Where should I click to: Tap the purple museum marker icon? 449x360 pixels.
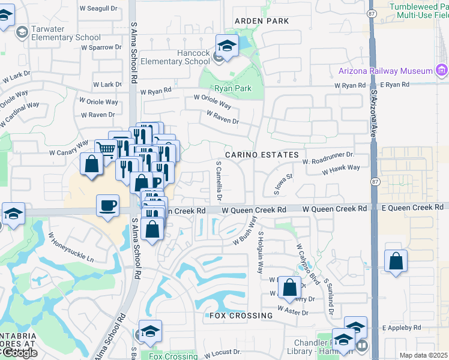(x=442, y=70)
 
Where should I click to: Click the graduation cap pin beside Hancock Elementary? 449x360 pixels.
(x=228, y=46)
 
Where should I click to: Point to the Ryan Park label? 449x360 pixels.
(x=233, y=88)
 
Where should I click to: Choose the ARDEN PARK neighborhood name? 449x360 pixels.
(x=262, y=21)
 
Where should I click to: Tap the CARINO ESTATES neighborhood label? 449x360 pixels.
(x=262, y=155)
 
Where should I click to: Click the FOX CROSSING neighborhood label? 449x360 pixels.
(x=241, y=316)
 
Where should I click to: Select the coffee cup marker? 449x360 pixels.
(x=108, y=206)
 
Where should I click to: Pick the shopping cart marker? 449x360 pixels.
(x=106, y=149)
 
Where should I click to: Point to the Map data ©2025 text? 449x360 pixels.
(x=423, y=355)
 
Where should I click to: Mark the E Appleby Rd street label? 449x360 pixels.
(x=402, y=328)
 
